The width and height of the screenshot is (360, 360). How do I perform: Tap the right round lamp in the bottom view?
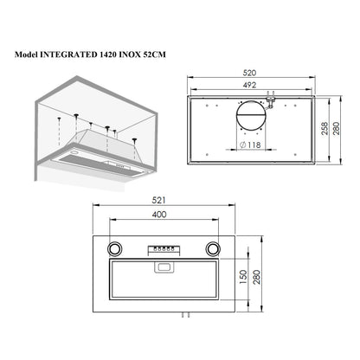point(213,248)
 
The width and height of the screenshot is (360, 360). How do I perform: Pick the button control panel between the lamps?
point(163,249)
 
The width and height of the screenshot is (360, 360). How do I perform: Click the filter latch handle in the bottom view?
point(163,269)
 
